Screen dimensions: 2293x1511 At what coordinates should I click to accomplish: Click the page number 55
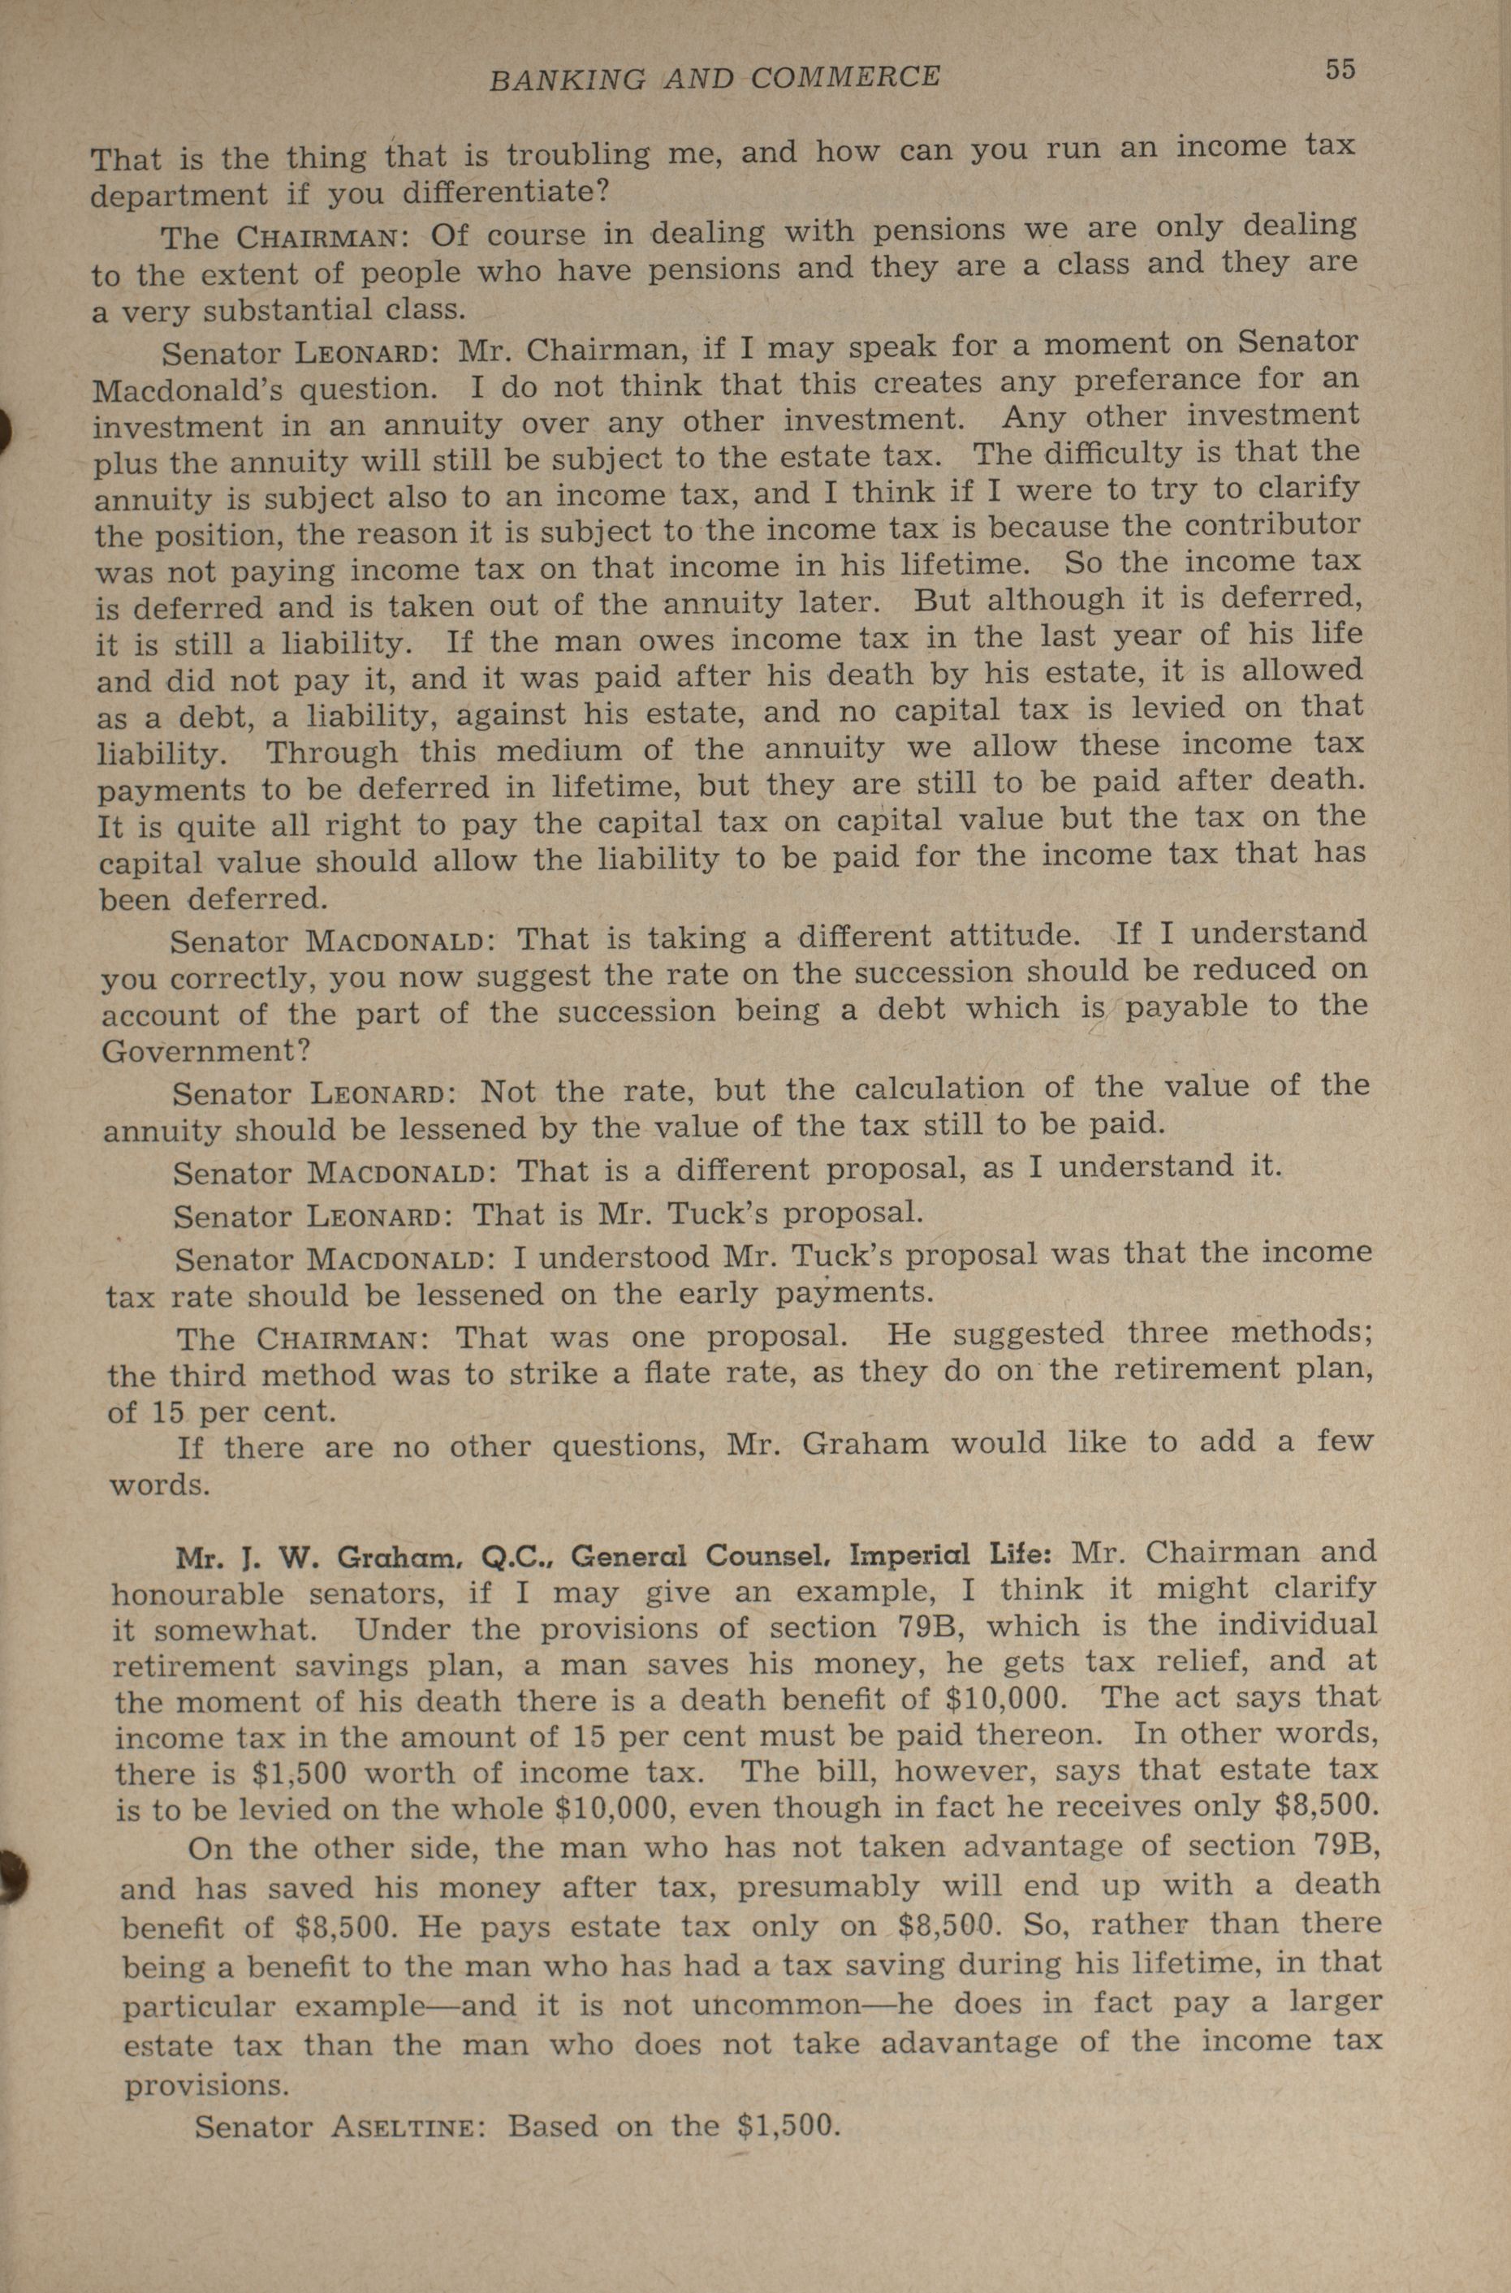(1340, 68)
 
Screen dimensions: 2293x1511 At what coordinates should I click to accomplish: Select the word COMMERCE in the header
(844, 75)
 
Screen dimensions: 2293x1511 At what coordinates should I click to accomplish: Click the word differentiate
(505, 191)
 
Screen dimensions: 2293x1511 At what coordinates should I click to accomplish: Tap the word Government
(196, 1050)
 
